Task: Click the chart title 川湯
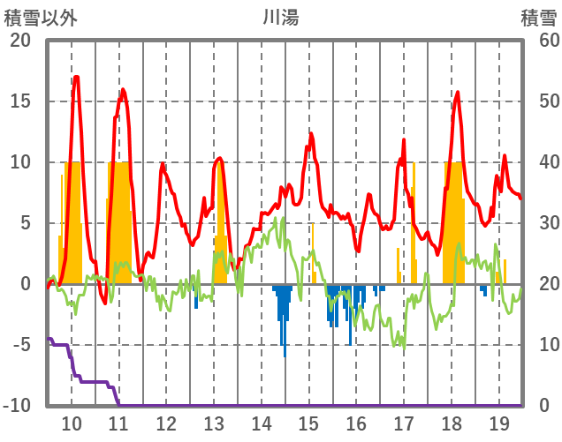[x=280, y=17]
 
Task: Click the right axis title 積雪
[x=537, y=17]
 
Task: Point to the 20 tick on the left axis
[x=20, y=41]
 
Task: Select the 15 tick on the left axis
[x=20, y=101]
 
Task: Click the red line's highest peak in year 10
[x=77, y=77]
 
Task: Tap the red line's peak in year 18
[x=457, y=92]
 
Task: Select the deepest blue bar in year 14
[x=285, y=355]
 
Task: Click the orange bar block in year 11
[x=119, y=221]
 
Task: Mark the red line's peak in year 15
[x=311, y=133]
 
